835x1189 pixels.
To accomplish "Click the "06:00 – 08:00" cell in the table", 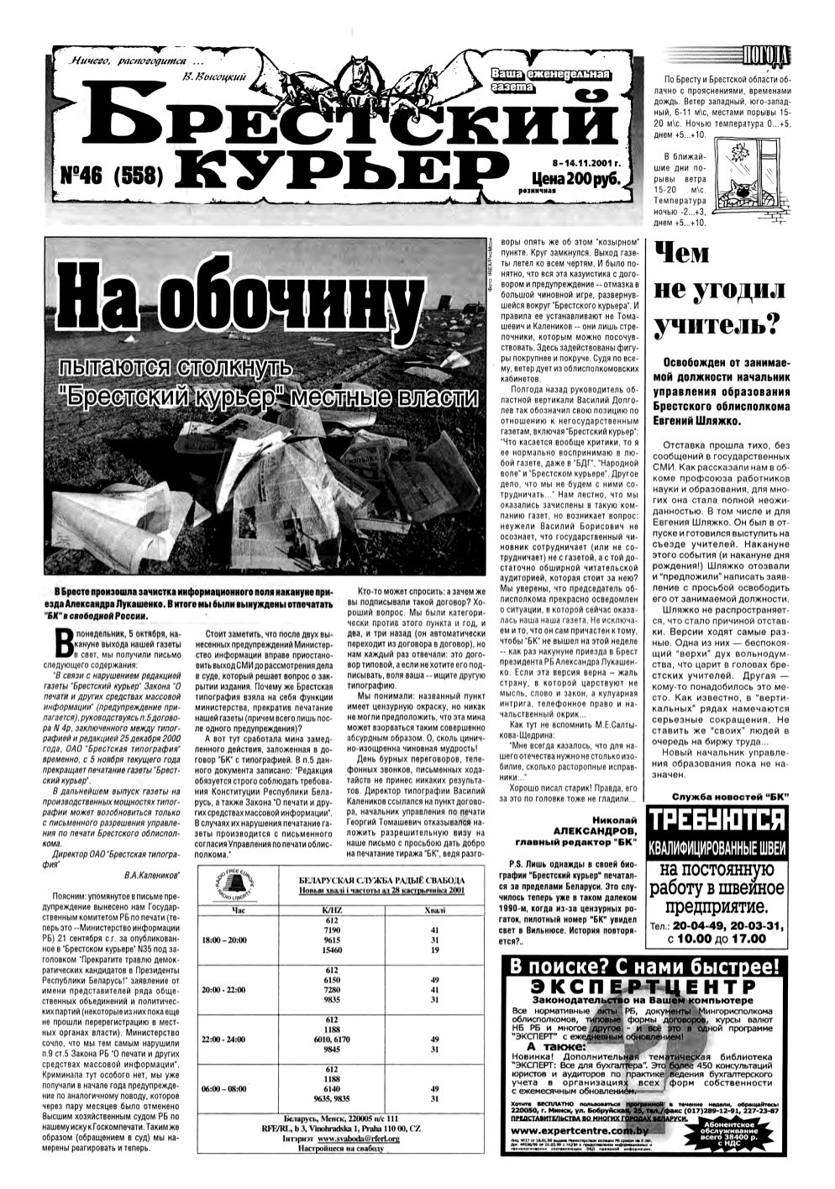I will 223,1088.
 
